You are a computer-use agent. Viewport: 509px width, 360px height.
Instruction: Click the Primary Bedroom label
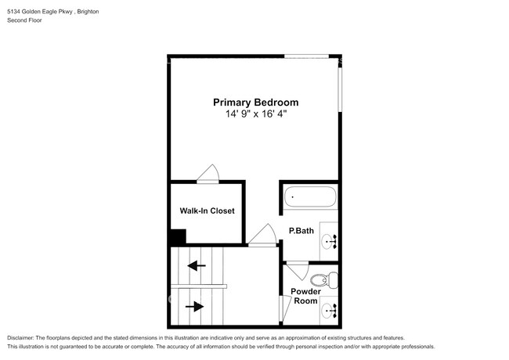coord(255,102)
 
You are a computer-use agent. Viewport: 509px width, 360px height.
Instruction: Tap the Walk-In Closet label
coord(207,211)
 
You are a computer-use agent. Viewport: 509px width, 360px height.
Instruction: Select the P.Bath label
coord(301,231)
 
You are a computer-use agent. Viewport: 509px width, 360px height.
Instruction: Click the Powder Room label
coord(305,296)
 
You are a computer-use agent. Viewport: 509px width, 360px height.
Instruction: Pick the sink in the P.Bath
coord(330,242)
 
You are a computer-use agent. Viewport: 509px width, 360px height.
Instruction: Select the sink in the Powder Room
coord(330,311)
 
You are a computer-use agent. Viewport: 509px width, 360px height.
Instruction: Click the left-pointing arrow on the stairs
coord(197,265)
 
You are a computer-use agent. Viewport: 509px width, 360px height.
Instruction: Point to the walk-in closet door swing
coord(209,174)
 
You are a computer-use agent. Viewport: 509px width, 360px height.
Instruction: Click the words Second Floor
coord(24,20)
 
